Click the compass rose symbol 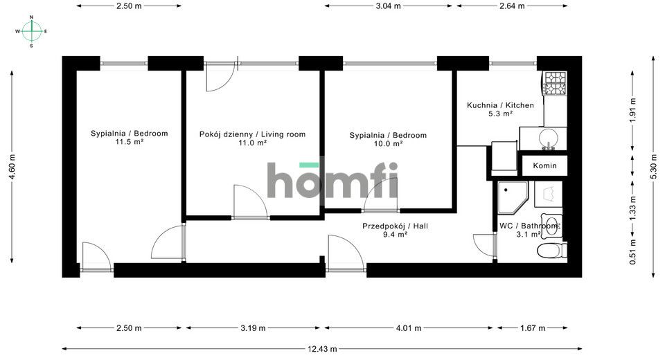[x=31, y=31]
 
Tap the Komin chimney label [x=544, y=165]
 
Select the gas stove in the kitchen [x=555, y=83]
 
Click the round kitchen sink [x=549, y=138]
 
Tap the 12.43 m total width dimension [x=322, y=349]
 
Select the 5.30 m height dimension [x=653, y=165]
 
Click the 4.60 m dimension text [x=12, y=165]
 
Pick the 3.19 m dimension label [x=254, y=327]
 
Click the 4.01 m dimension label [x=409, y=327]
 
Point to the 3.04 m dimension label [x=388, y=6]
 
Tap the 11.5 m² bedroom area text [x=130, y=142]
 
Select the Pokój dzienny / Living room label [x=252, y=134]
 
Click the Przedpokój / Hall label [x=395, y=226]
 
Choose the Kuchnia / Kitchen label [x=500, y=105]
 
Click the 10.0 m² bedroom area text [x=388, y=144]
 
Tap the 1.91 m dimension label [x=632, y=110]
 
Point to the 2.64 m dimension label [x=512, y=6]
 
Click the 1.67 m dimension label [x=533, y=327]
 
